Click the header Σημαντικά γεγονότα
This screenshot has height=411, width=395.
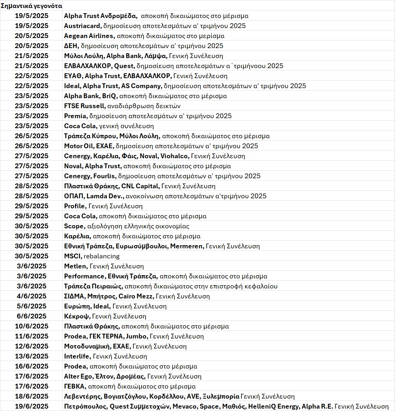[31, 6]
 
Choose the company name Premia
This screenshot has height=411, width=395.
[75, 116]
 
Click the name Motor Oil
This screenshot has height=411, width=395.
[76, 146]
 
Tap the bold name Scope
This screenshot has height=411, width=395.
[74, 226]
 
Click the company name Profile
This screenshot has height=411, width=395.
[74, 206]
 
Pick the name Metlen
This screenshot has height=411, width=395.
[75, 266]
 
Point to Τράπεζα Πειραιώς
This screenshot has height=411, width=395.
[93, 286]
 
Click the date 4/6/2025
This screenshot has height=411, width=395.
[32, 296]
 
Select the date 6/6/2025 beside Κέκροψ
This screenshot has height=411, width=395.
[32, 316]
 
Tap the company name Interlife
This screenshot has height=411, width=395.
[77, 356]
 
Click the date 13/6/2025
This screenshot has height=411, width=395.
[32, 356]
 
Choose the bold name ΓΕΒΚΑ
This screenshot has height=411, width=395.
[74, 386]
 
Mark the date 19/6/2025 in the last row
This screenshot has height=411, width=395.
[32, 406]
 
